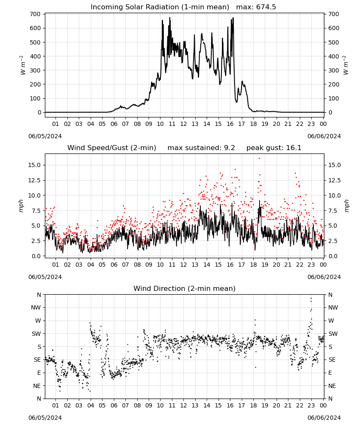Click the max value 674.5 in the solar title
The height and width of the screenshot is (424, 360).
pos(266,7)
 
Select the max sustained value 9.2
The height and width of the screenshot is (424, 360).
pos(230,148)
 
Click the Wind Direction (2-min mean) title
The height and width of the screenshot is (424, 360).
pos(185,288)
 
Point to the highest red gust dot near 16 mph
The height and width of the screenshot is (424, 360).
pos(259,158)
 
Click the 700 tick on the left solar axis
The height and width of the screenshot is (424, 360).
pos(36,14)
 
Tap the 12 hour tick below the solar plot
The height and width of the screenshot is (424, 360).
pos(183,124)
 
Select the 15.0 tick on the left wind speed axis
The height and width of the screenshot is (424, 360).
pos(35,165)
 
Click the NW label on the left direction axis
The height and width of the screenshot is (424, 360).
pos(36,308)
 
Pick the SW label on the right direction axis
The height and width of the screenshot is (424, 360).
pos(333,334)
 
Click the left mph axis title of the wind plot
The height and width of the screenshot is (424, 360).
pos(21,206)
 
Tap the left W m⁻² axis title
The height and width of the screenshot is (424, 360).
pos(22,65)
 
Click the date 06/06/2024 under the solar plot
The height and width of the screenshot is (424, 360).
pos(324,136)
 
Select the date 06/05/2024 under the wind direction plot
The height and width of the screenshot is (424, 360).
pos(45,418)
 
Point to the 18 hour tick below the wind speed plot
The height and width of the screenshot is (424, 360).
pos(253,265)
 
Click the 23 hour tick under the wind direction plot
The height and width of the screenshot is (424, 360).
pos(311,406)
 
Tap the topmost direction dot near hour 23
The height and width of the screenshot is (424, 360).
pos(311,298)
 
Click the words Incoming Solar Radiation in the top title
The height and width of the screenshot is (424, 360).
pos(135,7)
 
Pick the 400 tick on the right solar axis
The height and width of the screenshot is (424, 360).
pos(334,56)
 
